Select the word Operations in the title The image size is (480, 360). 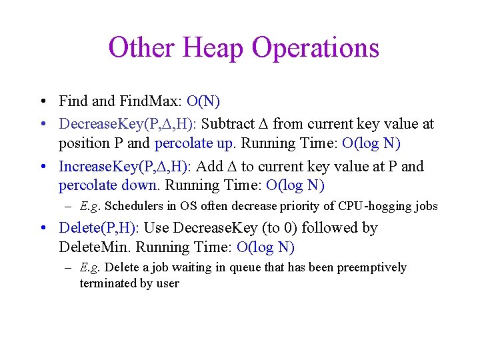click(315, 48)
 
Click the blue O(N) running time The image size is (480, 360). click(204, 101)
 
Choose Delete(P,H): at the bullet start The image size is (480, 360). click(99, 228)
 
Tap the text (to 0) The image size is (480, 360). click(281, 228)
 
